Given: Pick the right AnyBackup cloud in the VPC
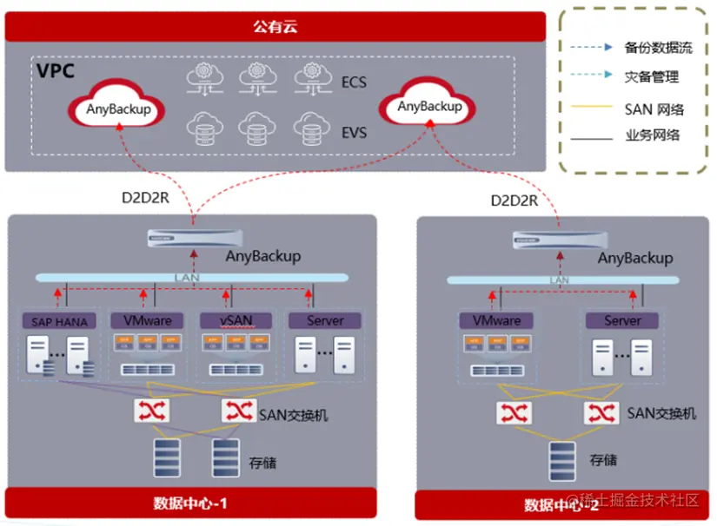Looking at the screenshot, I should coord(429,107).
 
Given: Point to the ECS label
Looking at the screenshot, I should coord(354,82).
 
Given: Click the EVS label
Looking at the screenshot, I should coord(354,133).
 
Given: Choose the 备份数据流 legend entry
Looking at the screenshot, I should coord(658,48).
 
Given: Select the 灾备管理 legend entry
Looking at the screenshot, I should coord(652,77).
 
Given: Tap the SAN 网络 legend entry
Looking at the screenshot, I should coord(654,108).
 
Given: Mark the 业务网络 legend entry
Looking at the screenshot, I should coord(652,135).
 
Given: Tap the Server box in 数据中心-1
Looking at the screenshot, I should coord(326,320).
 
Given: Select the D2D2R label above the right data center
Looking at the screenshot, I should coord(515,201).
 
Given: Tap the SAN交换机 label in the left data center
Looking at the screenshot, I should coord(294,415).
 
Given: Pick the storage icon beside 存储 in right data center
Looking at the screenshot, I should coord(561,460).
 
